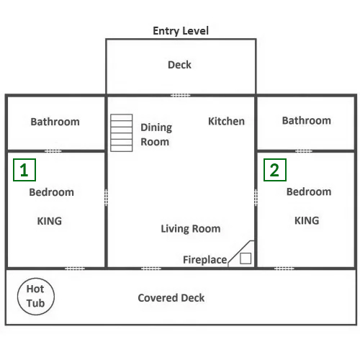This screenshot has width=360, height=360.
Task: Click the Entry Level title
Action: (x=181, y=31)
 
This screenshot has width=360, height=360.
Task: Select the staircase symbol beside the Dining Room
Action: (x=122, y=132)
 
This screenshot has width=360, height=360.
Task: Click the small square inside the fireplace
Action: (x=246, y=258)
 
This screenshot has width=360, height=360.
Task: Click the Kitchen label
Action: (x=226, y=121)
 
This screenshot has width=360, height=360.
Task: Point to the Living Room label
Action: (x=191, y=229)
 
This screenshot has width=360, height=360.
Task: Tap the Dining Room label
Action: (x=156, y=135)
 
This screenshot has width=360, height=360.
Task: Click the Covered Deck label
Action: (x=171, y=298)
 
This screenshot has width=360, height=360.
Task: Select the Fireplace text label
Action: (x=205, y=260)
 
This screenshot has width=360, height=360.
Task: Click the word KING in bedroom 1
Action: (x=50, y=221)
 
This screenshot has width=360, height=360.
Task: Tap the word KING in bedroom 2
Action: (x=307, y=220)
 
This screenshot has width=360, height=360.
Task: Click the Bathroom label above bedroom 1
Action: (x=55, y=122)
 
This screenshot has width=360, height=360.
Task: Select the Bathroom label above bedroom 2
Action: (x=307, y=120)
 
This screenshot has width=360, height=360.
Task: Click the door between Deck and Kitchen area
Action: (x=181, y=95)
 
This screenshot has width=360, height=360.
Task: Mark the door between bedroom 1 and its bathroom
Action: (x=53, y=151)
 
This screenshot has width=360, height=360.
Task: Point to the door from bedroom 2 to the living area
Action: (x=256, y=197)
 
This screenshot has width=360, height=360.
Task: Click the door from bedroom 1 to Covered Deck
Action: (x=75, y=269)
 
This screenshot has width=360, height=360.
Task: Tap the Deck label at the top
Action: (x=179, y=65)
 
